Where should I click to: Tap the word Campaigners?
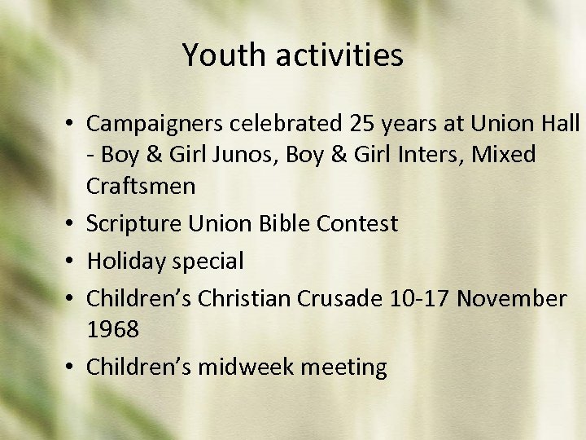[155, 124]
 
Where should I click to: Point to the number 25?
[363, 123]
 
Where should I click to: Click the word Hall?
[561, 123]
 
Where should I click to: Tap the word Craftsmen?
[141, 186]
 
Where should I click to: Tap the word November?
[511, 299]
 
